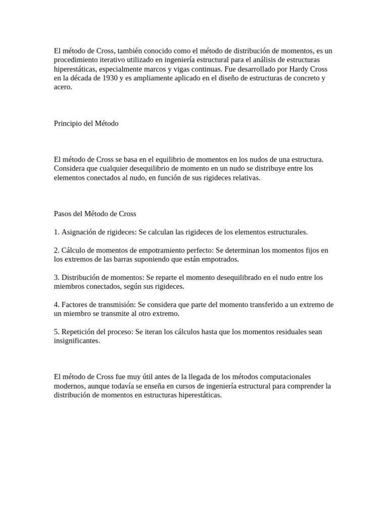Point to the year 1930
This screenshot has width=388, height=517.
click(x=111, y=78)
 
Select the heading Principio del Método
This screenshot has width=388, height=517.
click(x=86, y=123)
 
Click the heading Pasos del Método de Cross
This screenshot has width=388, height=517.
click(x=95, y=214)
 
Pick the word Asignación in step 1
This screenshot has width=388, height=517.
click(x=78, y=232)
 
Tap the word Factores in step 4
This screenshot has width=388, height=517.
click(x=75, y=305)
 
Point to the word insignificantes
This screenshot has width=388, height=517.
click(x=77, y=341)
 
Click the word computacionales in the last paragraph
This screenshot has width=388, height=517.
click(x=283, y=377)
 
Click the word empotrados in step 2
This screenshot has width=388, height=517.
click(x=220, y=260)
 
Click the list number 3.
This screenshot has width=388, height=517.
click(x=56, y=278)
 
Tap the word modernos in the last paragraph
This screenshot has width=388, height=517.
click(x=69, y=386)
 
